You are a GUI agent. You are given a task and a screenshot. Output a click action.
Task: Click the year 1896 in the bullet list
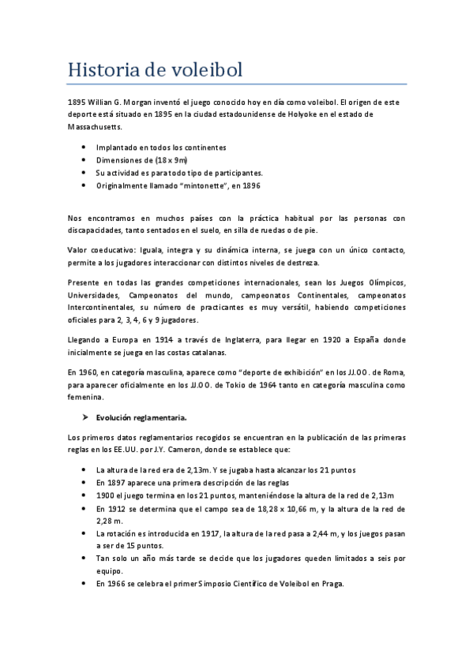point(248,185)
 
